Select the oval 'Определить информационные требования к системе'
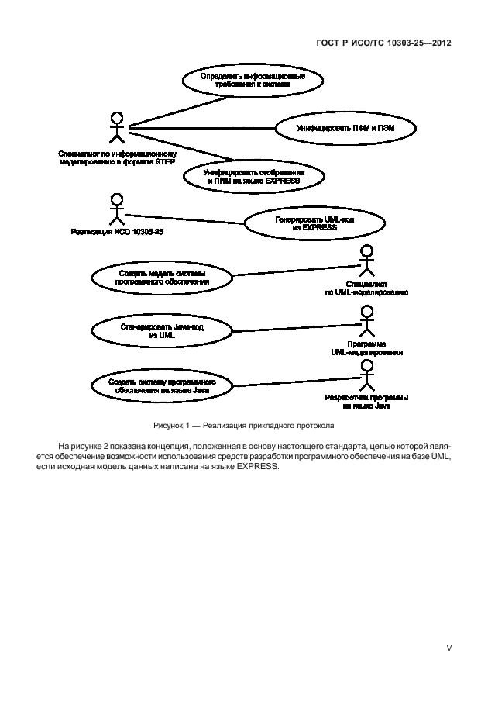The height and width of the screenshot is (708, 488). pyautogui.click(x=252, y=80)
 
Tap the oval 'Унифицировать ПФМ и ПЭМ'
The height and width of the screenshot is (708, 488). pyautogui.click(x=345, y=126)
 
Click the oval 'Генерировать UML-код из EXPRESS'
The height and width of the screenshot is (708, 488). pyautogui.click(x=314, y=224)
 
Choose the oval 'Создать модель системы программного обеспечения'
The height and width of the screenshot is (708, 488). pyautogui.click(x=163, y=278)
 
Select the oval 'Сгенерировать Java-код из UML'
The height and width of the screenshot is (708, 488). pyautogui.click(x=163, y=330)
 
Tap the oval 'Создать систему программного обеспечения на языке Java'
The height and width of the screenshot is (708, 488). pyautogui.click(x=163, y=386)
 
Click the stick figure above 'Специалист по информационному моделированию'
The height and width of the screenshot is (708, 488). pyautogui.click(x=116, y=129)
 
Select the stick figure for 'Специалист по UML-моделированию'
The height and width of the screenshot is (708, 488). pyautogui.click(x=366, y=263)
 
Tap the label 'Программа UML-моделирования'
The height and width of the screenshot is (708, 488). pyautogui.click(x=366, y=347)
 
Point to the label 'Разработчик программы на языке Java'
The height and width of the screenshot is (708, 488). pyautogui.click(x=366, y=401)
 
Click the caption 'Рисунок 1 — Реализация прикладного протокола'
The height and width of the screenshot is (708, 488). pyautogui.click(x=244, y=426)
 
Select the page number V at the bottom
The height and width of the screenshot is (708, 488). pyautogui.click(x=448, y=648)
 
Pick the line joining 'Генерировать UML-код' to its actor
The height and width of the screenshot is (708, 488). pyautogui.click(x=186, y=219)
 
